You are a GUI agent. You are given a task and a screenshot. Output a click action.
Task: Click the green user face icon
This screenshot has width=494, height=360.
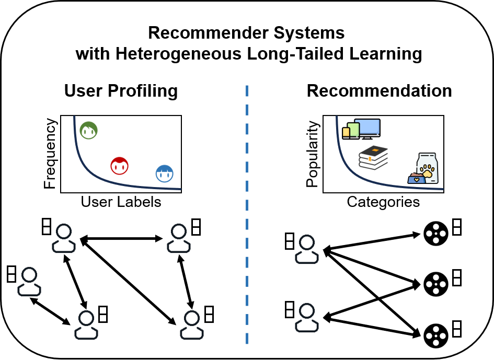(89, 131)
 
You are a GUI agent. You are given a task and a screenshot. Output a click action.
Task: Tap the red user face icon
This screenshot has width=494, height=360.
(120, 166)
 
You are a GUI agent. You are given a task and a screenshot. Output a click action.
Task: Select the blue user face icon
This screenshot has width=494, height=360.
(165, 173)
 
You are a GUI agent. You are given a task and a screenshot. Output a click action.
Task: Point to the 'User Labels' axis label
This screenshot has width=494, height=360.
(121, 202)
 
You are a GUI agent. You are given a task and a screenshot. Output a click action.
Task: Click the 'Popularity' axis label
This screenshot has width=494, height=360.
(312, 154)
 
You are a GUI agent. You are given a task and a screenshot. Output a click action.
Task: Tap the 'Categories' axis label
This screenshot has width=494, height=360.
(383, 202)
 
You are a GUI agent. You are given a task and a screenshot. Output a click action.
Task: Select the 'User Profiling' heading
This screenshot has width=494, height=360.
(121, 91)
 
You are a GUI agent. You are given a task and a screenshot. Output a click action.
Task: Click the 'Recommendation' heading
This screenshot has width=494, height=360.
(379, 91)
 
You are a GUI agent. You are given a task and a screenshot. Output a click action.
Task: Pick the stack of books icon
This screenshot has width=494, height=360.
(373, 157)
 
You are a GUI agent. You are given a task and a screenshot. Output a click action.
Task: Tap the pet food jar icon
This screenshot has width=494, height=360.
(424, 168)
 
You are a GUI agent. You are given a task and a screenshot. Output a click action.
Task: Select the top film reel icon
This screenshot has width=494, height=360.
(435, 234)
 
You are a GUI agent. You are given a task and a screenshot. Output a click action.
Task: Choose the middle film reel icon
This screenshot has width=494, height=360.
(435, 283)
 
